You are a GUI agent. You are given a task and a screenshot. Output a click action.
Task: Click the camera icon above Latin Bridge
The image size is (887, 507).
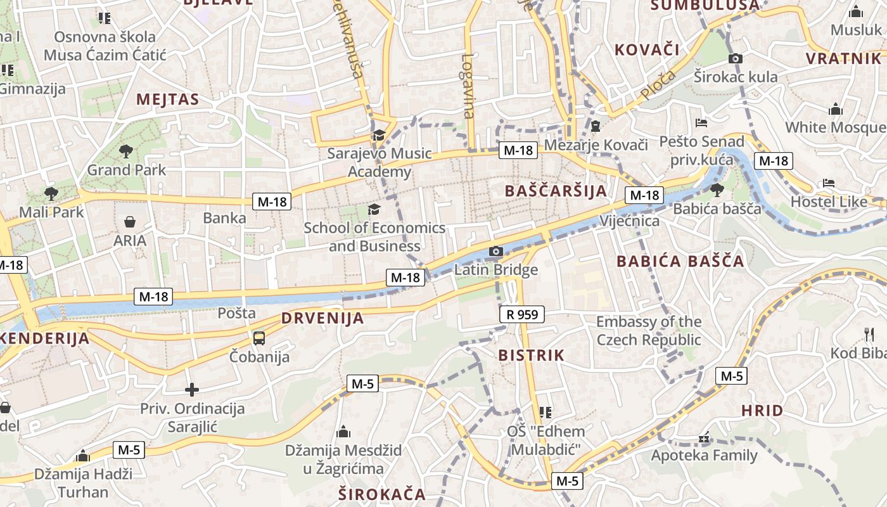496,252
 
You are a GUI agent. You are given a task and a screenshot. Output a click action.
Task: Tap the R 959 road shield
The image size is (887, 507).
521,314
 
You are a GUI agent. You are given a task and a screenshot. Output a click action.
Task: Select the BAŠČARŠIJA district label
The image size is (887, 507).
556,191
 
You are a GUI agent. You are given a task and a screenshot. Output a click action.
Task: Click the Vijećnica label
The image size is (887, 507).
629,221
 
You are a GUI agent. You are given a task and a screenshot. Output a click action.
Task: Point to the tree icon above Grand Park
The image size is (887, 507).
126,151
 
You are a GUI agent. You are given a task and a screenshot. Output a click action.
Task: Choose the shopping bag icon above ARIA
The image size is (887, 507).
130,222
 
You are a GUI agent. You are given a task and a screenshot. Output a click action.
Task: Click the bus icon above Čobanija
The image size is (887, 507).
259,338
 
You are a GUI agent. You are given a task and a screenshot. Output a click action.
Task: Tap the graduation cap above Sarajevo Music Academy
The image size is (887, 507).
379,135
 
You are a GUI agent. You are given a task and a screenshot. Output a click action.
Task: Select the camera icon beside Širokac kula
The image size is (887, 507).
736,59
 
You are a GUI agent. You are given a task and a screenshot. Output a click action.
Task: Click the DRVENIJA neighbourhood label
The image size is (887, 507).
322,318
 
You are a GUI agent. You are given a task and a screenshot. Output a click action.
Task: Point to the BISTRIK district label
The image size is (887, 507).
531,355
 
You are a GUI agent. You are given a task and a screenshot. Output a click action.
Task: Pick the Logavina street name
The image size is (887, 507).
468,86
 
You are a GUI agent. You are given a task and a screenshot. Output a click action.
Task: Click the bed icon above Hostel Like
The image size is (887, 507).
828,183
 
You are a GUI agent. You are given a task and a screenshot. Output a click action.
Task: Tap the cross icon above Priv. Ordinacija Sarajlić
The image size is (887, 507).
192,390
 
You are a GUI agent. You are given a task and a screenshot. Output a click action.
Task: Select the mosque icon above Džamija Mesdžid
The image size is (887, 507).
343,432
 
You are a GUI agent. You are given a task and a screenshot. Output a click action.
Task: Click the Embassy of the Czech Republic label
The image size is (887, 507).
648,331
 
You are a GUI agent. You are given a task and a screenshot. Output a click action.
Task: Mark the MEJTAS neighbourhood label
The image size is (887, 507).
167,99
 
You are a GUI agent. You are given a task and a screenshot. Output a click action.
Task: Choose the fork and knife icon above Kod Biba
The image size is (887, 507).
869,334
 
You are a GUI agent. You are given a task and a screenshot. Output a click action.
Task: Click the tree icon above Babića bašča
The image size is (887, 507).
717,189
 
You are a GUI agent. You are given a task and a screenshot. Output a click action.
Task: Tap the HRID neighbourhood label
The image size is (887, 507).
762,411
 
